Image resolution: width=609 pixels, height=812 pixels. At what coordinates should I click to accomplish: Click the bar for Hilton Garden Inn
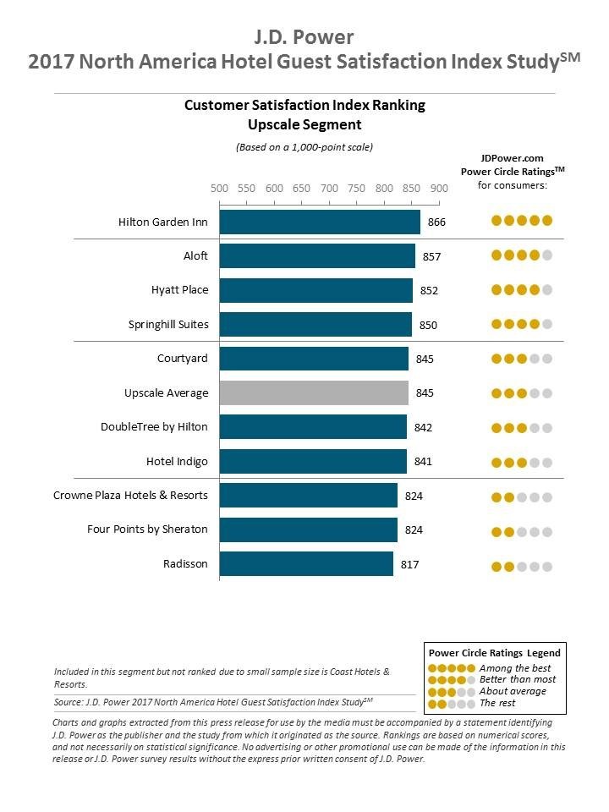pos(320,222)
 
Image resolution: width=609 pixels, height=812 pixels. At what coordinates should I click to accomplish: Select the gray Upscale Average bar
pos(314,392)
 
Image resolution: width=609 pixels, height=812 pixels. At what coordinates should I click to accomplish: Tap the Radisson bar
pos(306,563)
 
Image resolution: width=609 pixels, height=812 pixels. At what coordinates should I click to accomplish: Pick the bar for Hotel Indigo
pos(313,461)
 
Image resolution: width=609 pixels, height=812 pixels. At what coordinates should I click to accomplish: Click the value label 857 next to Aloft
pos(432,256)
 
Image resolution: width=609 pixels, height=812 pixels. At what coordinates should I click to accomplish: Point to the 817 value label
pos(410,564)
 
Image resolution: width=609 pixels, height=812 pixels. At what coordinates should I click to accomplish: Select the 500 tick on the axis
pos(219,189)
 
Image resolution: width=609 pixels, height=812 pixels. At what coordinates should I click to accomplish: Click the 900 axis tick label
pos(439,189)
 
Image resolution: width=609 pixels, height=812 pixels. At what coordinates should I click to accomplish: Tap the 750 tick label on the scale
pos(356,189)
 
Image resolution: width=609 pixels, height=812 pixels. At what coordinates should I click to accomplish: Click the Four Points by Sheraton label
pos(147,529)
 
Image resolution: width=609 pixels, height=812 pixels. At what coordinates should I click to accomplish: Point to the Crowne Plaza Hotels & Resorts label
pos(130,495)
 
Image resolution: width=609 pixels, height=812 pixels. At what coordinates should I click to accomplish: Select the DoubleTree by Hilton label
pos(154,427)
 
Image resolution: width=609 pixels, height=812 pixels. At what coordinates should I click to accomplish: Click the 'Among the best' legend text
pos(513,667)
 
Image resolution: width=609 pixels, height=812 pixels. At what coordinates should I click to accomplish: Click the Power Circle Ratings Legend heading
pos(494,653)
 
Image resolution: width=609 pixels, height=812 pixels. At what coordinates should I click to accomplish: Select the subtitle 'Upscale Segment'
pos(304,124)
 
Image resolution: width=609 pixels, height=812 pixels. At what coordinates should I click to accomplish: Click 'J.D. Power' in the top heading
pos(304,36)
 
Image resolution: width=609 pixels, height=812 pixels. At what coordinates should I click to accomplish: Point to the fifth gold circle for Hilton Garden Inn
pos(547,221)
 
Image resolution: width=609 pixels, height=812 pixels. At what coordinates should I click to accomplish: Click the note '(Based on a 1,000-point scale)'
pos(304,146)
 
